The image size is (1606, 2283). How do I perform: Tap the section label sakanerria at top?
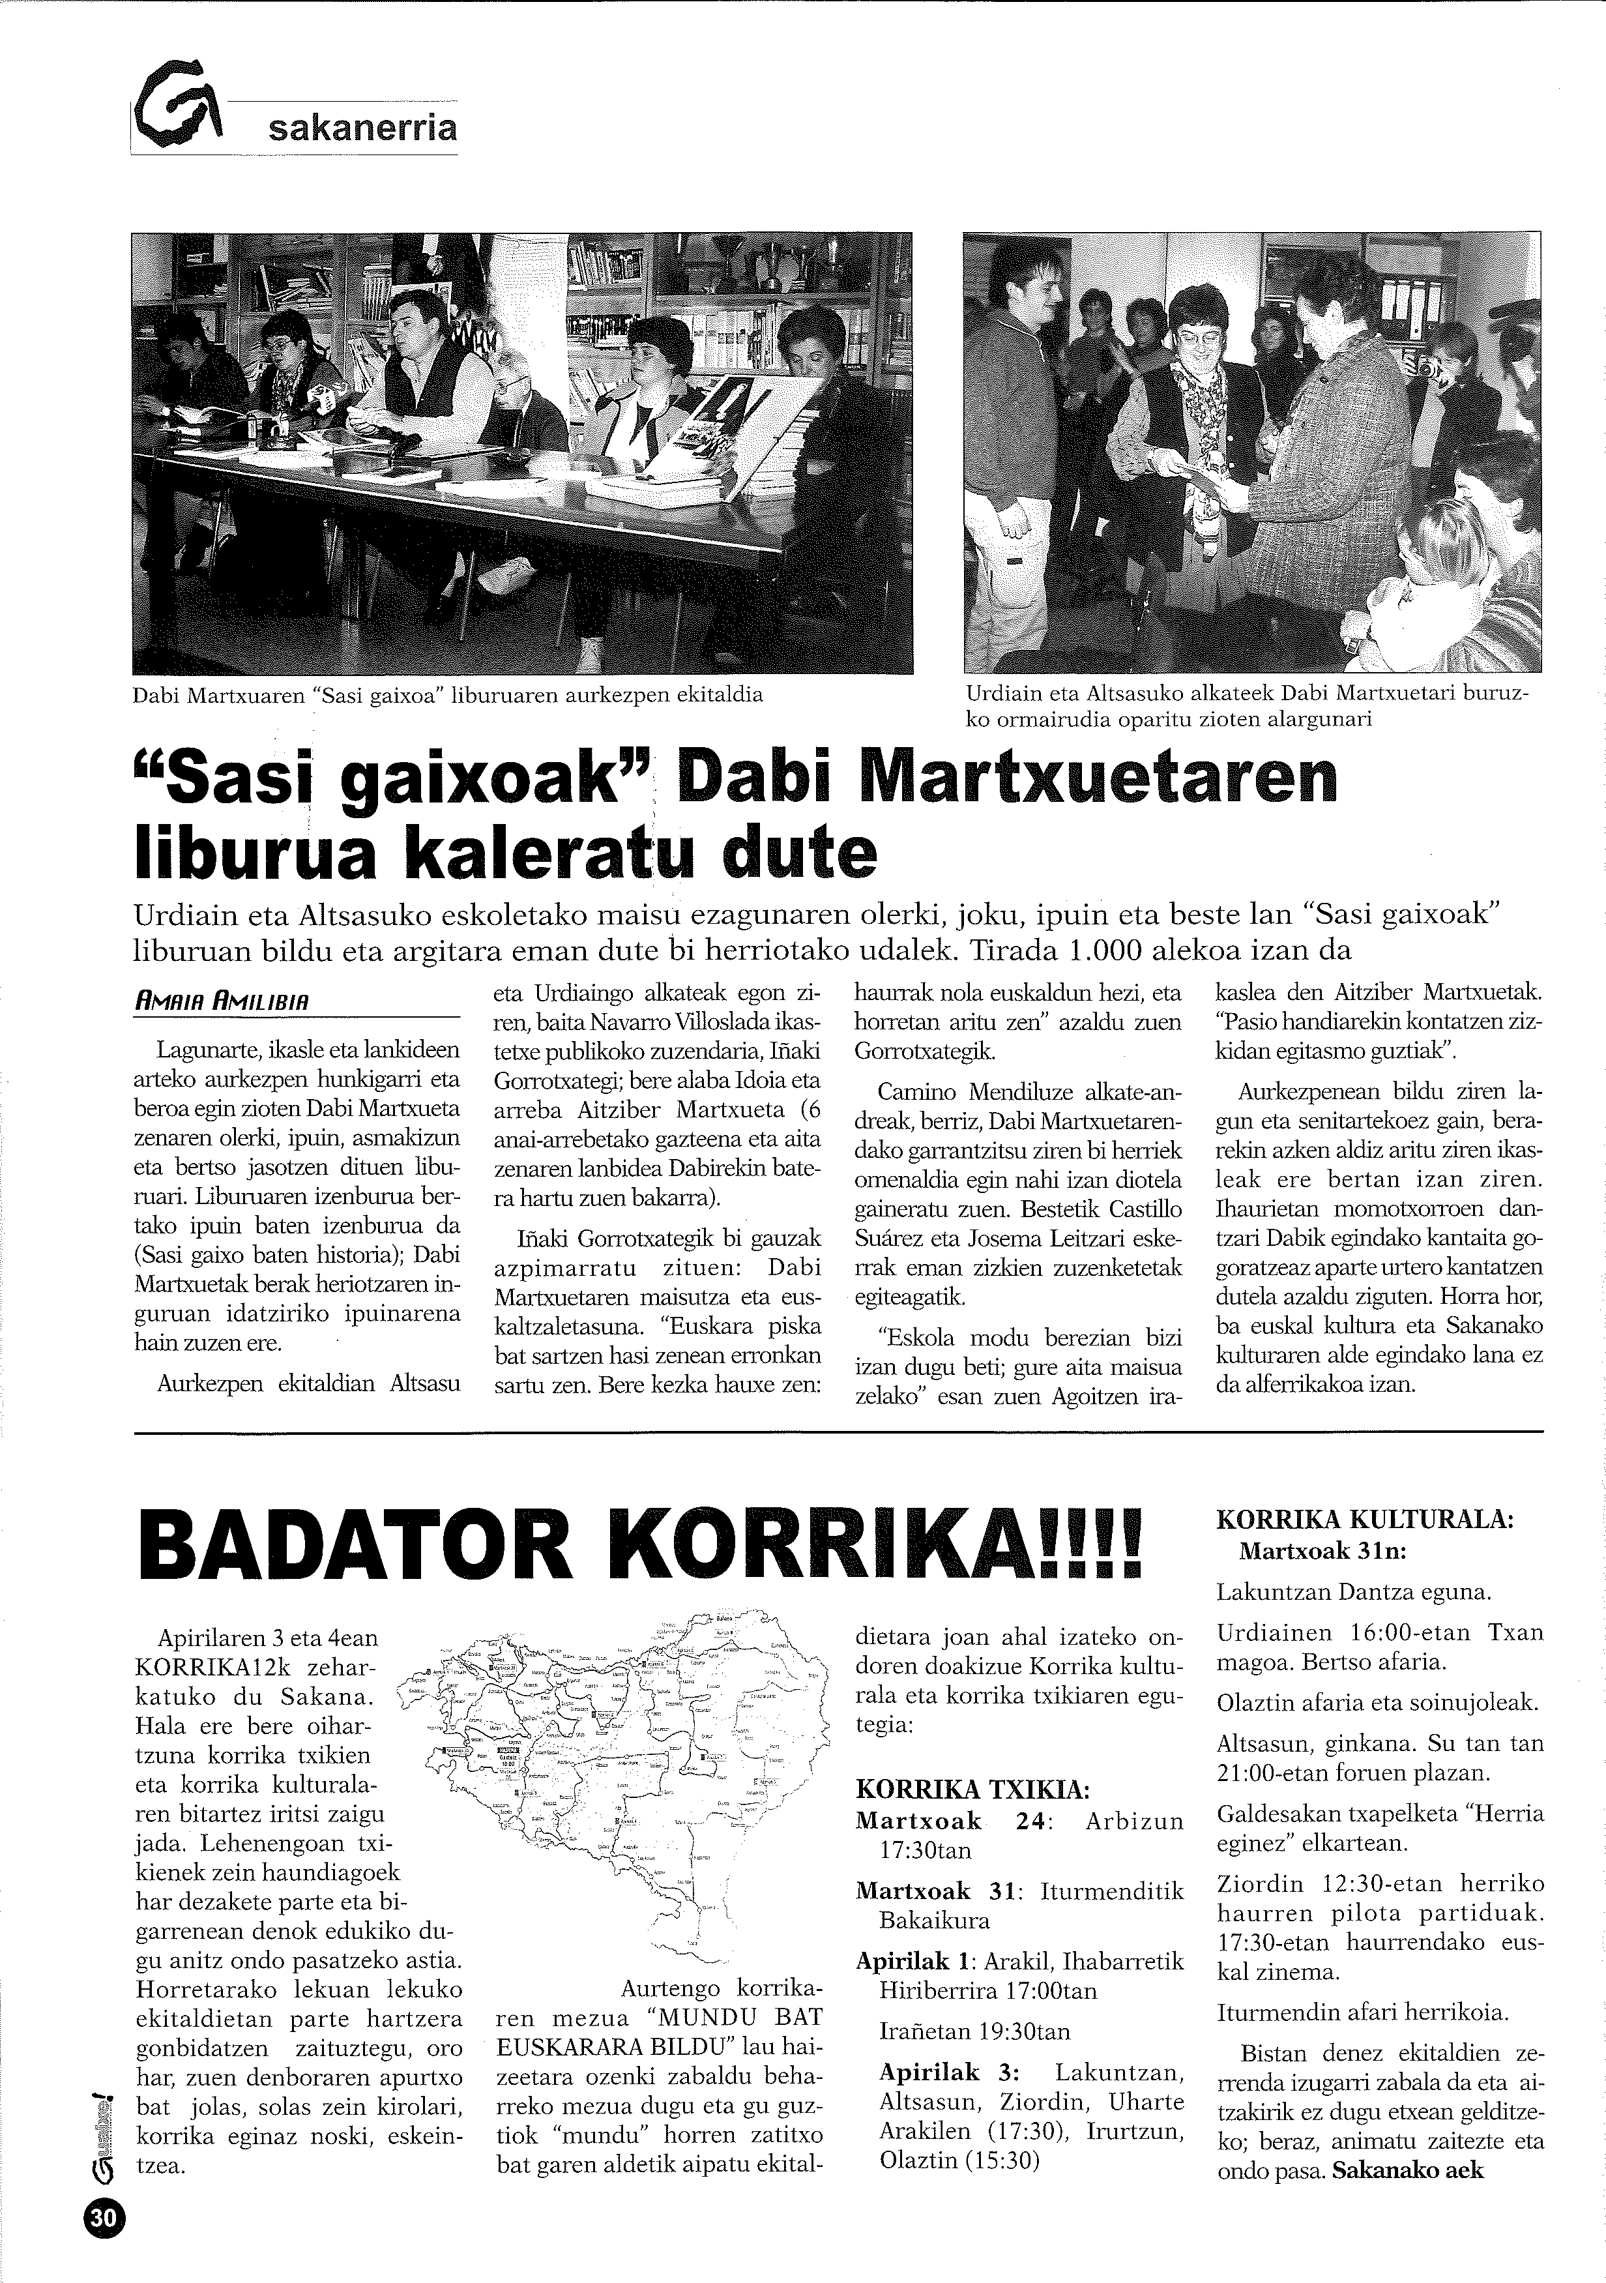pyautogui.click(x=362, y=128)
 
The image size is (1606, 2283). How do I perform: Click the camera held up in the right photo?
pyautogui.click(x=1425, y=367)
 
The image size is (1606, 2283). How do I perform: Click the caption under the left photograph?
pyautogui.click(x=448, y=695)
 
